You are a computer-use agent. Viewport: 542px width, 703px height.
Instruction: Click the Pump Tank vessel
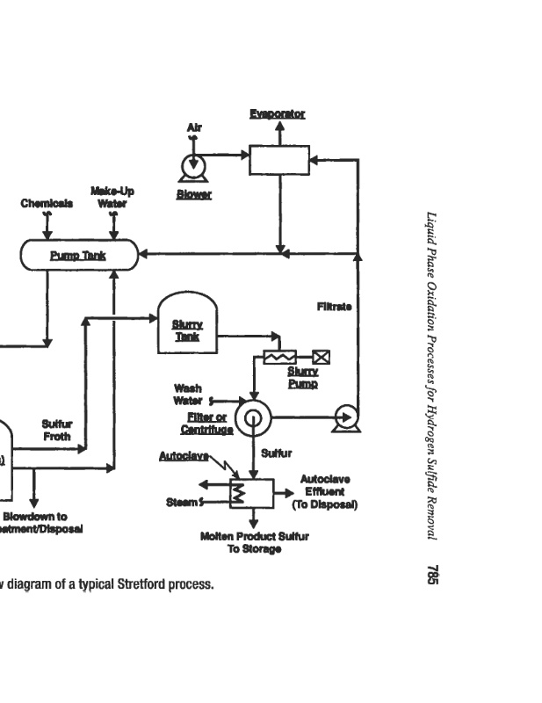79,256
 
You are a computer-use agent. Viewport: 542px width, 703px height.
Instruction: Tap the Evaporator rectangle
279,160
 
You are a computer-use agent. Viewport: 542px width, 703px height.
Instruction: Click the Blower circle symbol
190,165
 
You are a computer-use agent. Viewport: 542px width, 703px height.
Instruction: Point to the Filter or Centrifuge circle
253,419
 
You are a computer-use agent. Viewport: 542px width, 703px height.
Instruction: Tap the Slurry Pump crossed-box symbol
321,357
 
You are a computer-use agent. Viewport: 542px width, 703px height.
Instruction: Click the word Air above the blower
194,128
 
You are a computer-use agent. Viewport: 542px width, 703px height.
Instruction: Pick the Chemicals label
47,204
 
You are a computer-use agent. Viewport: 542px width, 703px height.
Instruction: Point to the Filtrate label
335,307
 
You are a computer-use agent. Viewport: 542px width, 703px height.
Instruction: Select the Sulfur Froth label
57,430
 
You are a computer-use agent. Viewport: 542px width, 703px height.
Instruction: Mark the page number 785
431,575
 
